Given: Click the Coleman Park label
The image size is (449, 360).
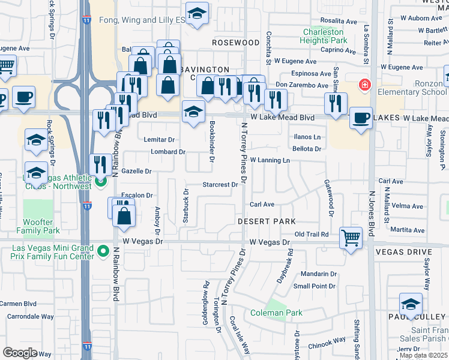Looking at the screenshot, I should coord(277,313).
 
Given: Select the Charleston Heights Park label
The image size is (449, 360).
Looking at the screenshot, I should coord(325,36).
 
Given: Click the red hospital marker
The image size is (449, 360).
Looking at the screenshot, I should coord(363,86).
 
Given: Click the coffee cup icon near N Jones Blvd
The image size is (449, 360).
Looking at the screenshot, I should coord(360,118).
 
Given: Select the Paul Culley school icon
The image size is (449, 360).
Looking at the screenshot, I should coord(411,305).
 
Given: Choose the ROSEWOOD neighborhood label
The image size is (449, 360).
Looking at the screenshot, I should coord(235,43).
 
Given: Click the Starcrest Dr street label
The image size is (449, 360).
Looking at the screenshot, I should coord(220,185).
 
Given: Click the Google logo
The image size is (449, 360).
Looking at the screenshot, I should coord(20,353).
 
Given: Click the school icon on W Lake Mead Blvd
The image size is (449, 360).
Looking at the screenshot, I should coord(193,112).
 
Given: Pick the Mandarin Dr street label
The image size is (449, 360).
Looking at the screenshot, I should coord(319,274).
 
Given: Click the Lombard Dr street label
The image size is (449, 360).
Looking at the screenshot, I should coord(168,152).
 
